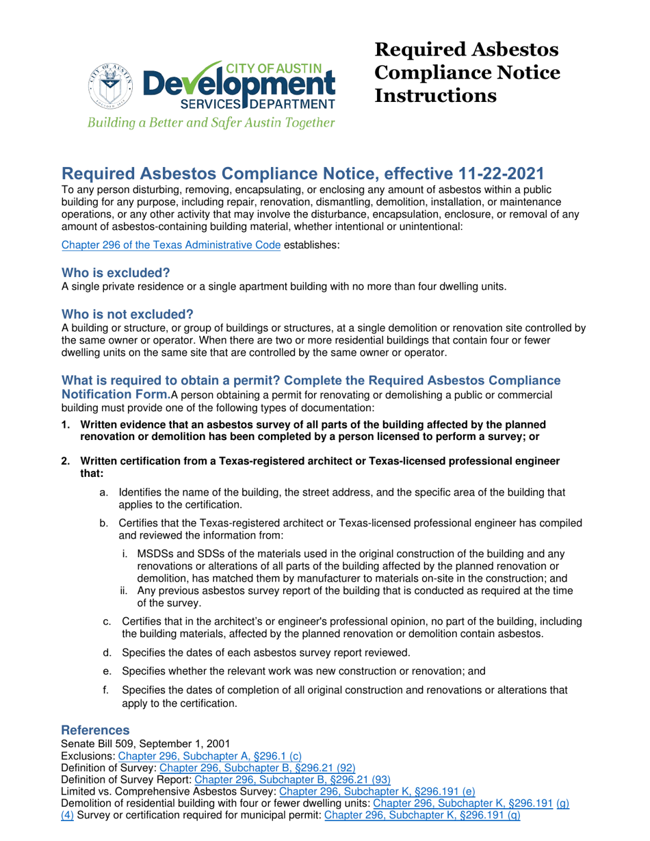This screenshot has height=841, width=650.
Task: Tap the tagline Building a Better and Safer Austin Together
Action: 209,124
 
